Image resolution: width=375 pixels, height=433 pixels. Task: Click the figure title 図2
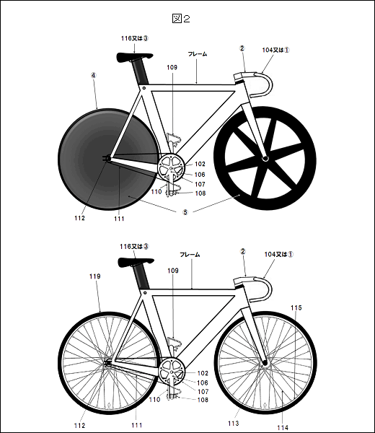pyautogui.click(x=181, y=19)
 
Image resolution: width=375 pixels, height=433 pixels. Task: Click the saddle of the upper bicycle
pyautogui.click(x=134, y=56)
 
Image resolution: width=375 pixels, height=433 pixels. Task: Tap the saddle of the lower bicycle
pyautogui.click(x=136, y=261)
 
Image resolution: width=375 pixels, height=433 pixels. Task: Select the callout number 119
pyautogui.click(x=95, y=276)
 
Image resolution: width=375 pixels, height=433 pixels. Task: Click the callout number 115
pyautogui.click(x=296, y=307)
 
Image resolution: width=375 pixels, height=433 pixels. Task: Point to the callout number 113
pyautogui.click(x=233, y=423)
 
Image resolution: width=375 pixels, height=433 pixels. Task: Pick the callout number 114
pyautogui.click(x=283, y=428)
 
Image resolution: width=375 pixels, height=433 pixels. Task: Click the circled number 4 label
pyautogui.click(x=94, y=75)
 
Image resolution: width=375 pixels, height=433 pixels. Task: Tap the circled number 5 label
pyautogui.click(x=185, y=212)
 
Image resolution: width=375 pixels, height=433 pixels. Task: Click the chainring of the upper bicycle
pyautogui.click(x=171, y=168)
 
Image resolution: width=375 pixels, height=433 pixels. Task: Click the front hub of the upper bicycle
pyautogui.click(x=265, y=158)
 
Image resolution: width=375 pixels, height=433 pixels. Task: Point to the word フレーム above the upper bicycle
pyautogui.click(x=198, y=54)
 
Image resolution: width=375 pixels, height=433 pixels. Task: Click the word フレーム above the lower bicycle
pyautogui.click(x=190, y=255)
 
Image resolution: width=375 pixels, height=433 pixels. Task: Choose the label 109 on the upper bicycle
pyautogui.click(x=172, y=67)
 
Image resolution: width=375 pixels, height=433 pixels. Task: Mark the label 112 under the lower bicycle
pyautogui.click(x=80, y=426)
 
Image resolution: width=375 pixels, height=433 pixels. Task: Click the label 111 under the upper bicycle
pyautogui.click(x=119, y=219)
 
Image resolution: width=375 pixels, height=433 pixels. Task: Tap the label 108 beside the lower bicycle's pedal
pyautogui.click(x=203, y=400)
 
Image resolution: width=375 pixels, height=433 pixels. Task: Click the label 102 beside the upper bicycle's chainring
pyautogui.click(x=200, y=164)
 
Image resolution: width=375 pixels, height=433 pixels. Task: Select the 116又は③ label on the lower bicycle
pyautogui.click(x=134, y=246)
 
